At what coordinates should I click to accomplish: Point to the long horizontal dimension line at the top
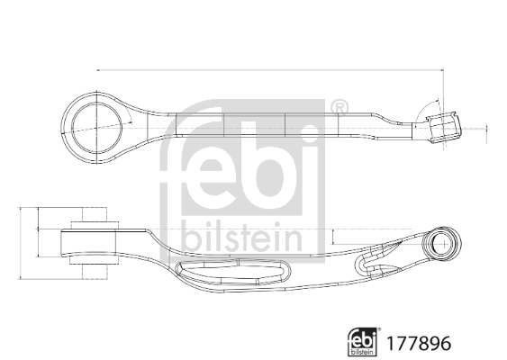pyautogui.click(x=270, y=70)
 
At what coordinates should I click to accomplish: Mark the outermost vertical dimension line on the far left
pyautogui.click(x=21, y=244)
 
